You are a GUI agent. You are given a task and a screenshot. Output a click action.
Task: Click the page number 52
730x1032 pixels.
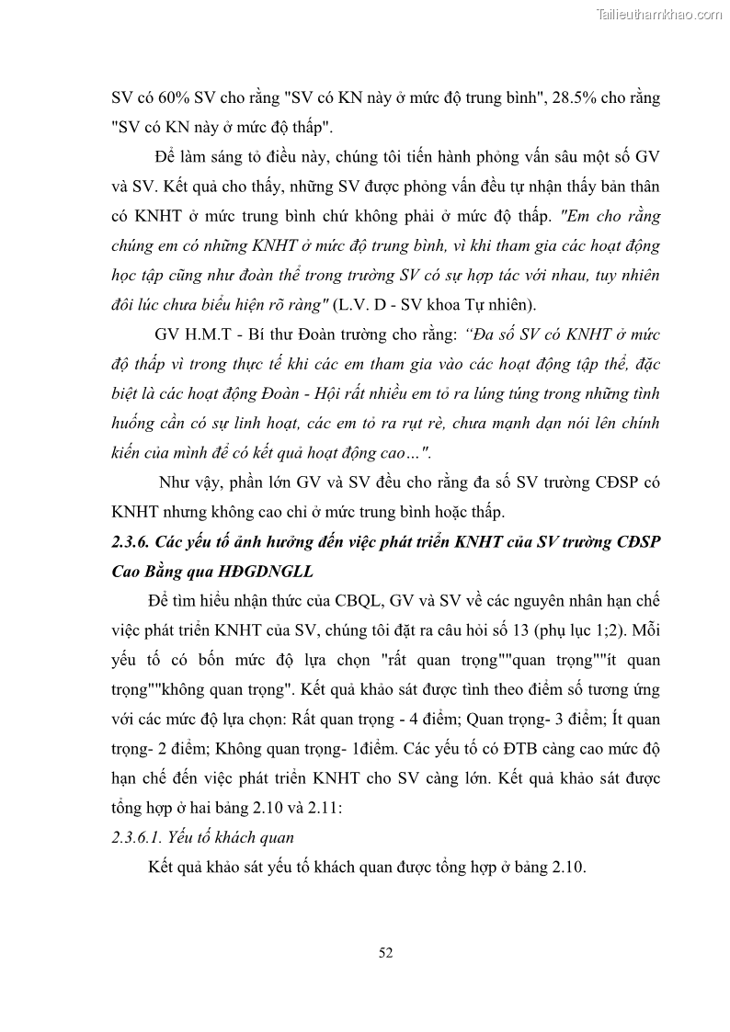click(385, 952)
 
